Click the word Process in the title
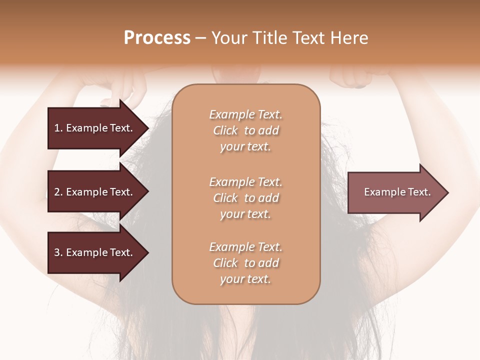pyautogui.click(x=157, y=38)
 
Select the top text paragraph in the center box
pyautogui.click(x=245, y=130)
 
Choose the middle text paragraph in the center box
pyautogui.click(x=245, y=198)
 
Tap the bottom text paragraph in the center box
pyautogui.click(x=245, y=263)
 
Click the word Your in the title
pyautogui.click(x=229, y=38)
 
